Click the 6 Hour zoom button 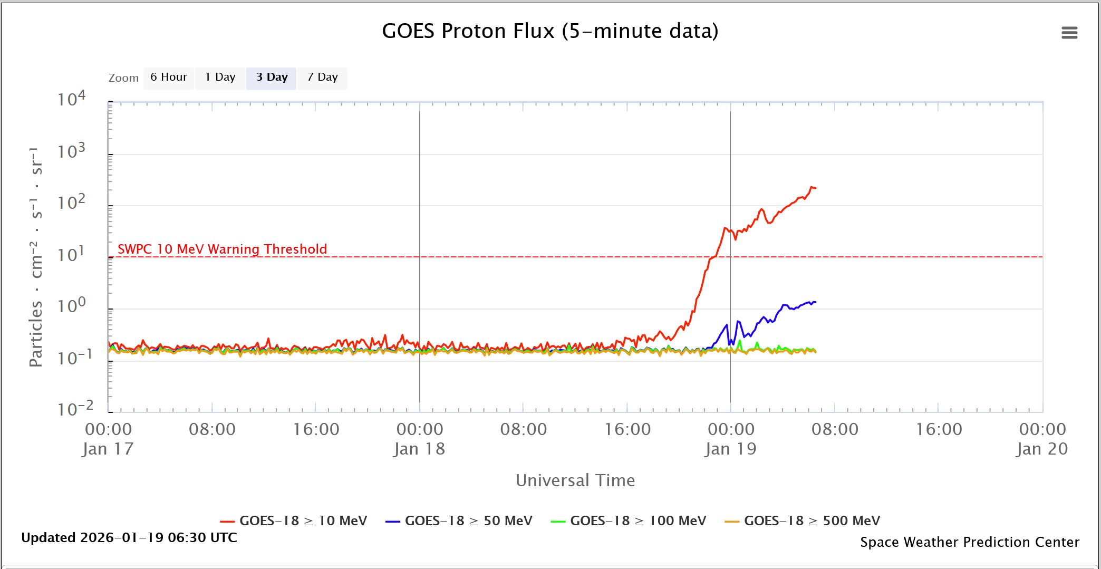pyautogui.click(x=168, y=78)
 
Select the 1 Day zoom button pyautogui.click(x=220, y=78)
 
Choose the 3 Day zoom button pyautogui.click(x=272, y=78)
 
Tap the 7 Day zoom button pyautogui.click(x=322, y=78)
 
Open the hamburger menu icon pyautogui.click(x=1069, y=33)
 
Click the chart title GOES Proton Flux pyautogui.click(x=550, y=31)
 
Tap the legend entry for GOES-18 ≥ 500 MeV pyautogui.click(x=812, y=521)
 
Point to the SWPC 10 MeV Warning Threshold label pyautogui.click(x=222, y=249)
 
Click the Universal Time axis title pyautogui.click(x=575, y=480)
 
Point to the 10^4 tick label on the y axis pyautogui.click(x=71, y=99)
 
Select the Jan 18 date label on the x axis pyautogui.click(x=419, y=449)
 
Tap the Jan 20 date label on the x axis pyautogui.click(x=1042, y=449)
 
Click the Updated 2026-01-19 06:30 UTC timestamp pyautogui.click(x=129, y=538)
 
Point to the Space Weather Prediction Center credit pyautogui.click(x=970, y=542)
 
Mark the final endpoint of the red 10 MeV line pyautogui.click(x=816, y=188)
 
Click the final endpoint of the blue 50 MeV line pyautogui.click(x=816, y=302)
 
